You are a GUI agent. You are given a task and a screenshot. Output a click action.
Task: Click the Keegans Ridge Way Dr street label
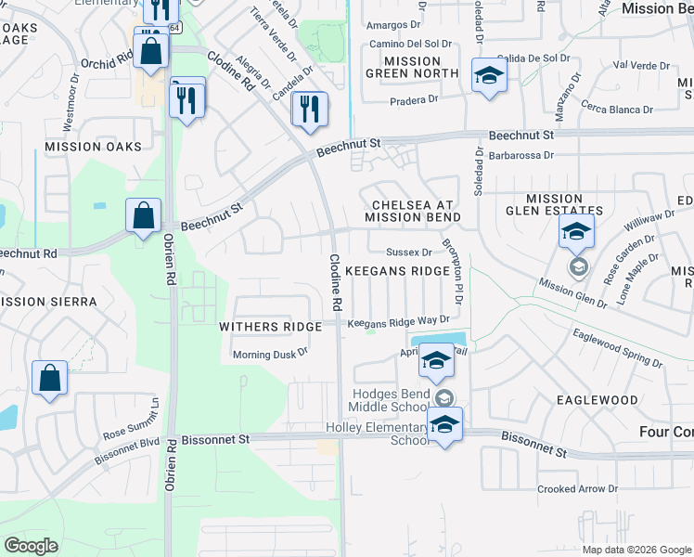coord(398,321)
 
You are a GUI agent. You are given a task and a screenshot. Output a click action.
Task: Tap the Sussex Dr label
coord(409,252)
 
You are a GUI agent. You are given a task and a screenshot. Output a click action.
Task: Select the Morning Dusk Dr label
coord(269,354)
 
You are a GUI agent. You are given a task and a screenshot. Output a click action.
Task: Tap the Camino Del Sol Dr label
coord(411,44)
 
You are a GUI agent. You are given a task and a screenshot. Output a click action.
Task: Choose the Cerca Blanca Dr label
coord(616,109)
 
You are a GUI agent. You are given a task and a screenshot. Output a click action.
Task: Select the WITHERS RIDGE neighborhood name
coord(270,327)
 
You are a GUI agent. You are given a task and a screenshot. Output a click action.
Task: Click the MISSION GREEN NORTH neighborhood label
coord(411,67)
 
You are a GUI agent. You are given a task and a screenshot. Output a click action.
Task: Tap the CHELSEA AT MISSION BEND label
coord(412,210)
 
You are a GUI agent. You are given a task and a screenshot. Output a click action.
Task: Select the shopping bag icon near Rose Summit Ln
coord(50,379)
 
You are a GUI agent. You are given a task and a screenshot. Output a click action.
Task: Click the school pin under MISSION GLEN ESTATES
coord(576,230)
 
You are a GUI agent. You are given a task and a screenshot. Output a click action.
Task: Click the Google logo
coord(31,546)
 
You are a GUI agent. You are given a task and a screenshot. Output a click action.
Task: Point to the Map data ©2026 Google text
coord(636,549)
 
